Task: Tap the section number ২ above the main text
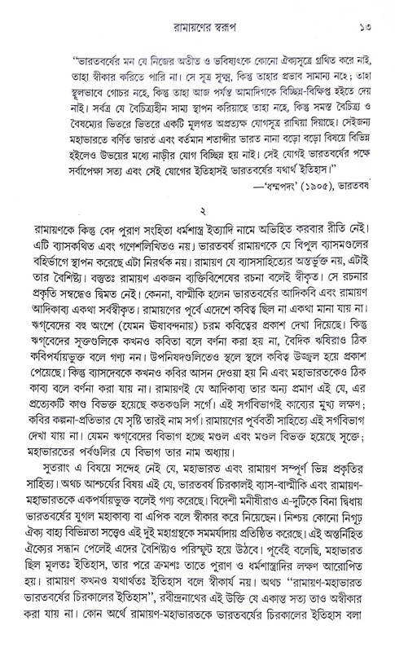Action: coord(198,246)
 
